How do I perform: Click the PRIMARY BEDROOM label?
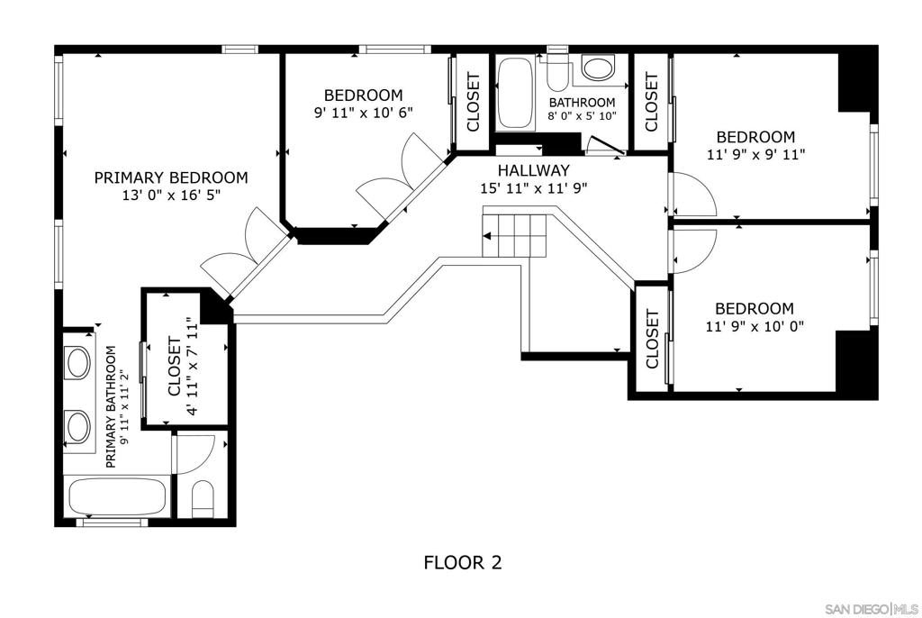coord(171,177)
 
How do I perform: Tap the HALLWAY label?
coord(534,170)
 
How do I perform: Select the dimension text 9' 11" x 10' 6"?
coord(364,113)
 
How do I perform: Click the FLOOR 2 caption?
coord(463,563)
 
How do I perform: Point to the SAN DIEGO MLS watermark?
coord(872,608)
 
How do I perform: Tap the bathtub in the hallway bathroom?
coord(516,94)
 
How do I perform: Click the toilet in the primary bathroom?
coord(203,498)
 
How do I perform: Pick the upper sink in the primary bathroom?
coord(78,362)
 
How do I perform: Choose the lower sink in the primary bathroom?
coord(78,426)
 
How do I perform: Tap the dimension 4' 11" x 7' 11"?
coord(192,367)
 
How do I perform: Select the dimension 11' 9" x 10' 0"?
coord(755,326)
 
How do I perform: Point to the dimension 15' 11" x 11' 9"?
coord(534,188)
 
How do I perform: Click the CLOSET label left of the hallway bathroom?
coord(474,102)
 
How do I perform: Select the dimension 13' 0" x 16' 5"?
coord(171,195)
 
